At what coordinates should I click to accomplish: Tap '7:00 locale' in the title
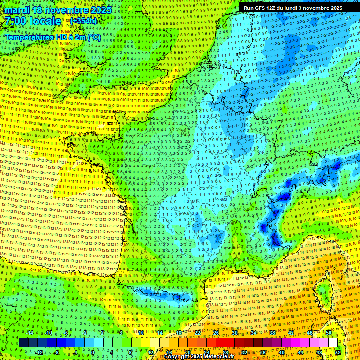point(33,21)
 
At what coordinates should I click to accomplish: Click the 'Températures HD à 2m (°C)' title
point(53,37)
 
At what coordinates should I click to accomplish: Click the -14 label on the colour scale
point(30,333)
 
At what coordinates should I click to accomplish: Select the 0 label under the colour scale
point(93,352)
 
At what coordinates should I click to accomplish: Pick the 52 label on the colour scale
point(338,352)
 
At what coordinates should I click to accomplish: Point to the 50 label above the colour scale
point(328,333)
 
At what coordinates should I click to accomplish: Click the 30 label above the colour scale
point(235,333)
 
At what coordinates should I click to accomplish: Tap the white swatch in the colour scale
point(333,342)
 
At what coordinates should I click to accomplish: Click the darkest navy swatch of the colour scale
point(23,342)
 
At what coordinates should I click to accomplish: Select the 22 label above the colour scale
point(197,333)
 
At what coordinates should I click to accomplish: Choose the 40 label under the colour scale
point(282,352)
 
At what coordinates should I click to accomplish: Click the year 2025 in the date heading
point(101,10)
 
